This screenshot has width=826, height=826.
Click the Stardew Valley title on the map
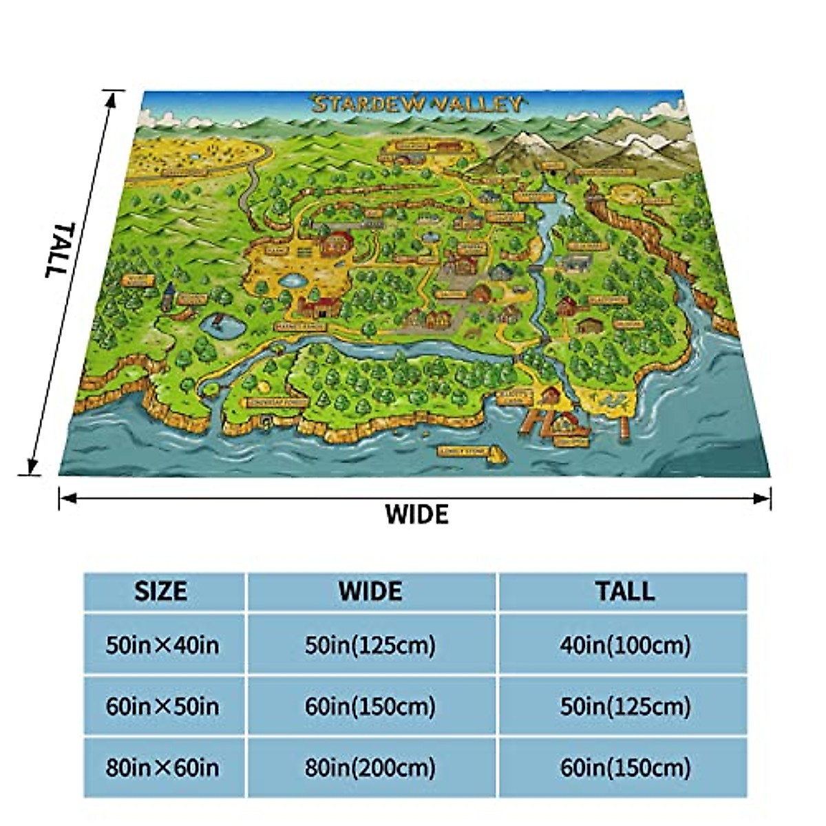[417, 104]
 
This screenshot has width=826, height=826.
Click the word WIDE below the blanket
[416, 514]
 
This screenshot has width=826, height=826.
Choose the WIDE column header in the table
[370, 591]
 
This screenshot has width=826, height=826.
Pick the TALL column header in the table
[625, 591]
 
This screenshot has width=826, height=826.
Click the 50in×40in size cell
[162, 646]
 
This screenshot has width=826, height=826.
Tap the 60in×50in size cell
[162, 707]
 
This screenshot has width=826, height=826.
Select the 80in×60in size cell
[162, 767]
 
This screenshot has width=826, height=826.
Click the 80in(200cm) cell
[370, 767]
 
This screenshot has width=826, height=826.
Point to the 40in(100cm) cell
[625, 646]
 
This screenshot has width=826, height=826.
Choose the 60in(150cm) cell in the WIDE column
[370, 707]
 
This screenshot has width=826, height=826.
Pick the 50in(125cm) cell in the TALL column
[625, 707]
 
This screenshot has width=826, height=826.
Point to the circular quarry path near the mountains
[626, 194]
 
